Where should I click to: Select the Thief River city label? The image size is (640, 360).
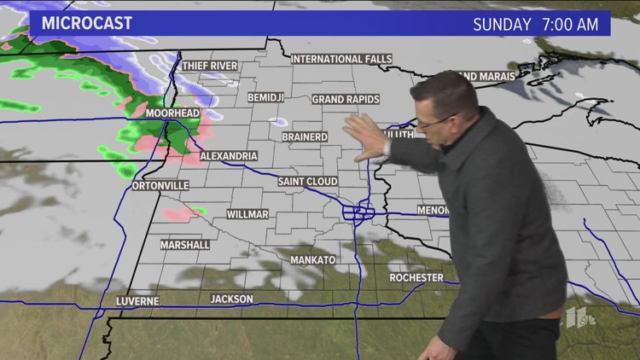click(x=208, y=65)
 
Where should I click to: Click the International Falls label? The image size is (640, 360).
click(x=341, y=59)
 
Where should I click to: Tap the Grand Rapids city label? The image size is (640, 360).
click(x=345, y=99)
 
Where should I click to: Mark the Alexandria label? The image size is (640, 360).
click(x=228, y=157)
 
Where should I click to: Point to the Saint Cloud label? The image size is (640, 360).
click(x=307, y=182)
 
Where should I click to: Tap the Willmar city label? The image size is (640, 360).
click(x=248, y=214)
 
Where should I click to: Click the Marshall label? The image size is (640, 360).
click(x=185, y=245)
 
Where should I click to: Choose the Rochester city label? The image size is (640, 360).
click(x=416, y=277)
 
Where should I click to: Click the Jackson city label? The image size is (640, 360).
click(x=231, y=299)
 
